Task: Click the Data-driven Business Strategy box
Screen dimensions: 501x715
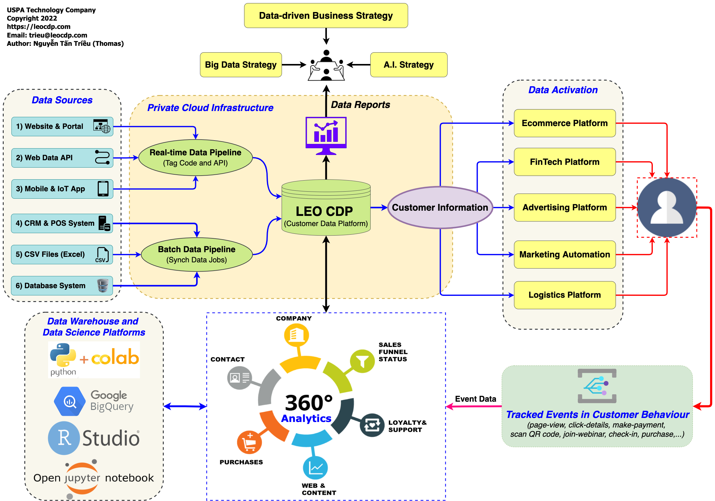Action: [326, 16]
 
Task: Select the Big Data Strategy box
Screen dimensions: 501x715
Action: [241, 65]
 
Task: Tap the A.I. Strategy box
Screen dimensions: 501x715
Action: [408, 65]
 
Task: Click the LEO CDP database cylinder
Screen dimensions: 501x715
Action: [326, 208]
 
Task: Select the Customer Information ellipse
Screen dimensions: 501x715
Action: [440, 208]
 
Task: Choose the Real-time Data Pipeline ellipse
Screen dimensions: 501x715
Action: [195, 157]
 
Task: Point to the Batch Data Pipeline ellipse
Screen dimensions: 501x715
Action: [196, 255]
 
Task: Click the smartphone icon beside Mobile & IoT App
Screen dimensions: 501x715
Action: [103, 189]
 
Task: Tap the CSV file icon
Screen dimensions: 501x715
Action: [102, 255]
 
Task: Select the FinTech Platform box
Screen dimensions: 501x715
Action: [564, 162]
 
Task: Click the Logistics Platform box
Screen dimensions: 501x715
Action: [564, 295]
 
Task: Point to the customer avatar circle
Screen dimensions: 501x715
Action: [666, 208]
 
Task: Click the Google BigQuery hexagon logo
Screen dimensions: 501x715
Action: [70, 401]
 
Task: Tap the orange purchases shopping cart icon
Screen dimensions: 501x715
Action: [249, 442]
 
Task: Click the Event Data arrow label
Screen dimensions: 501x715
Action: [475, 399]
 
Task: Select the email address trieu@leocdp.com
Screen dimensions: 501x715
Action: [58, 35]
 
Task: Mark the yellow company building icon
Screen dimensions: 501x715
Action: [296, 335]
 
